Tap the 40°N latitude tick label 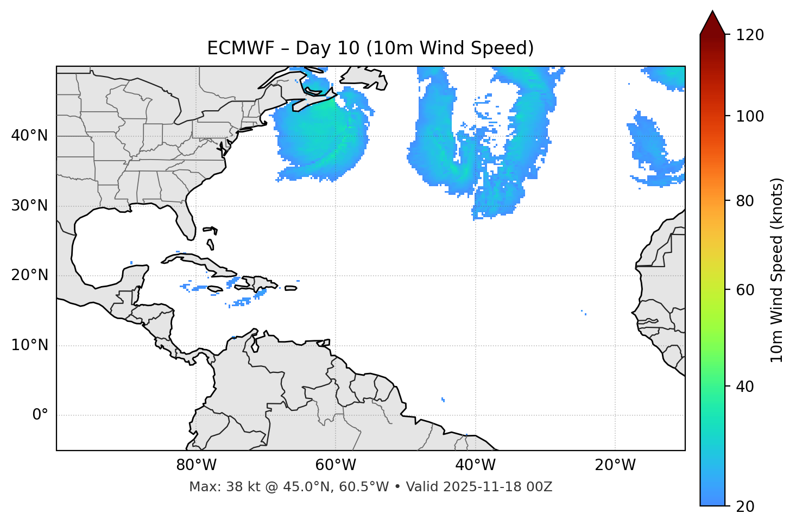[29, 136]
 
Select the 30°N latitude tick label [29, 206]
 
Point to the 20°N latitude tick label [29, 276]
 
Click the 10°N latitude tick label [29, 345]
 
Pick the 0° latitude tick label [40, 415]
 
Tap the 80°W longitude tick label [196, 465]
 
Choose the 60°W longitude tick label [336, 465]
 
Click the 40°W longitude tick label [475, 465]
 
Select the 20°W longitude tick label [615, 465]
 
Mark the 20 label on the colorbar [745, 506]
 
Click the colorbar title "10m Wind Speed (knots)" [777, 270]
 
